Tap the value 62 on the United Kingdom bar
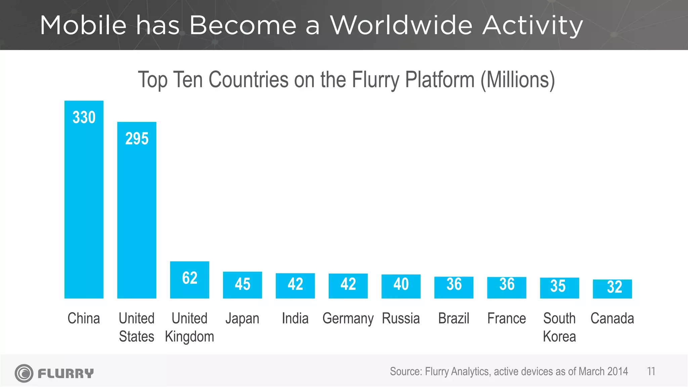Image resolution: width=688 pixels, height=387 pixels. click(189, 278)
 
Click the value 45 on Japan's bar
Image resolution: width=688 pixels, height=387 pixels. click(242, 284)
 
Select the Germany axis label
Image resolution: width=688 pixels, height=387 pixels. click(348, 318)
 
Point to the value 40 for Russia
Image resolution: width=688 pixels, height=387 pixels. click(401, 284)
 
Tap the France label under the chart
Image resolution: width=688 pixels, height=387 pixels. click(507, 318)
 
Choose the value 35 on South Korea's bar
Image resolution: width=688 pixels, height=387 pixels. click(558, 286)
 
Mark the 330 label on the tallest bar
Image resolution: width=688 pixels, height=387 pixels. click(84, 118)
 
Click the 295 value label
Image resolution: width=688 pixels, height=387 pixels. click(137, 139)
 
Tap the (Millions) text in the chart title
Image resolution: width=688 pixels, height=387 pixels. click(517, 80)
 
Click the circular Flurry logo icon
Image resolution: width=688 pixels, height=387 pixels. click(24, 373)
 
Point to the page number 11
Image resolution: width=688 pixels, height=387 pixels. click(651, 372)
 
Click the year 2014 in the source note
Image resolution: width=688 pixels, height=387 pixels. click(617, 372)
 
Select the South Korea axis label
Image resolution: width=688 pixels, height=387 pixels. click(559, 327)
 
